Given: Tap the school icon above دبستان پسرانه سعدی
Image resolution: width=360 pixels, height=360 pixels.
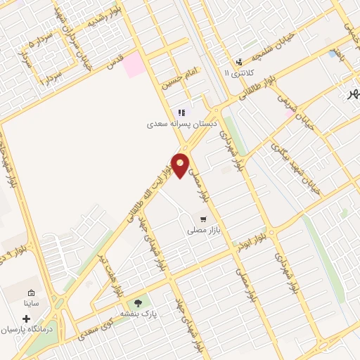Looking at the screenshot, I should [x=181, y=112].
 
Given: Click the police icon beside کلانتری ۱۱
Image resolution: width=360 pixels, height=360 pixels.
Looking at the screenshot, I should [x=239, y=62].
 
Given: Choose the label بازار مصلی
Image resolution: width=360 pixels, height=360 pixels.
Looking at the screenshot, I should [x=204, y=229].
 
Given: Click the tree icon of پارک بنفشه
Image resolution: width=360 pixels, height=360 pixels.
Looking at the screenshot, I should [x=138, y=302].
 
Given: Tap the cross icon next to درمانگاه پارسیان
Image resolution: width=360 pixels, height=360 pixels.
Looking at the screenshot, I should [x=27, y=319].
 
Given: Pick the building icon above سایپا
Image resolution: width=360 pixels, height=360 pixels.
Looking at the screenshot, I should [x=31, y=293].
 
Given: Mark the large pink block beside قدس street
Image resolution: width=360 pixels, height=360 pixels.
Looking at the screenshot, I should [x=135, y=65].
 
